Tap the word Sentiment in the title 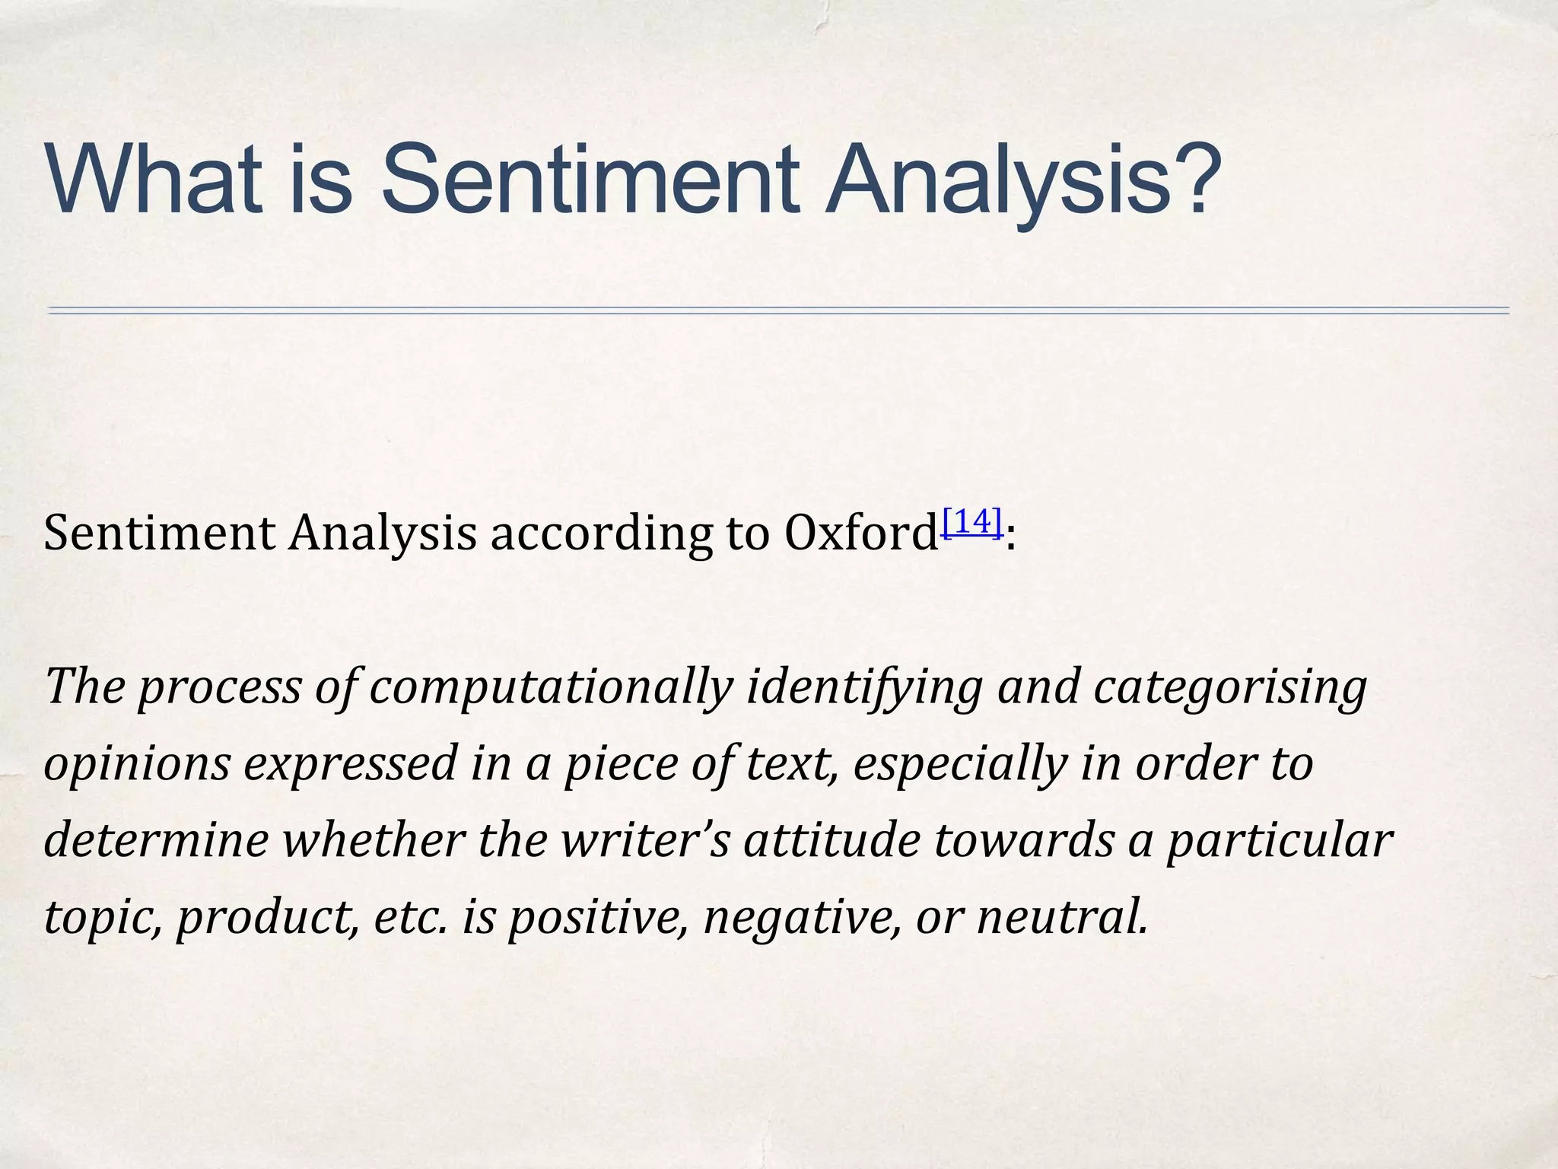pos(590,180)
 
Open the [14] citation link pos(971,522)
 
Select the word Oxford pos(860,533)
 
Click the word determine pos(156,840)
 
